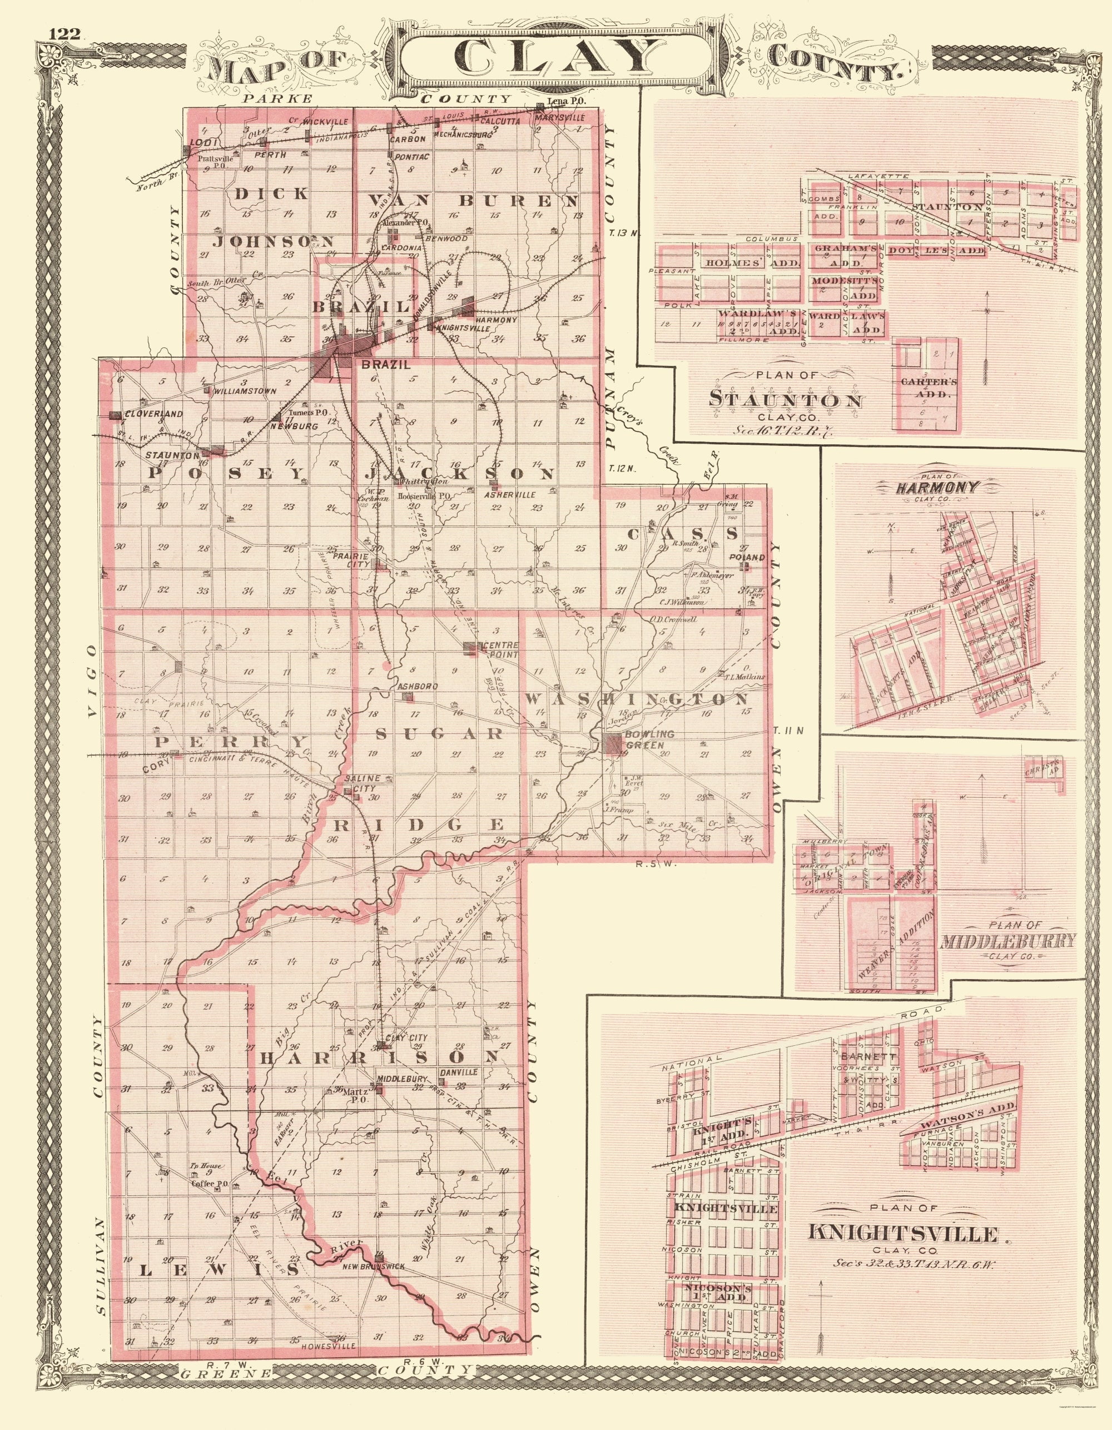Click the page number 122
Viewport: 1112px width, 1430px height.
(x=63, y=34)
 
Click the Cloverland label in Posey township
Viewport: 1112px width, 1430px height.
(x=145, y=414)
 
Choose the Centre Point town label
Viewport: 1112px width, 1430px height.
(x=500, y=650)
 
